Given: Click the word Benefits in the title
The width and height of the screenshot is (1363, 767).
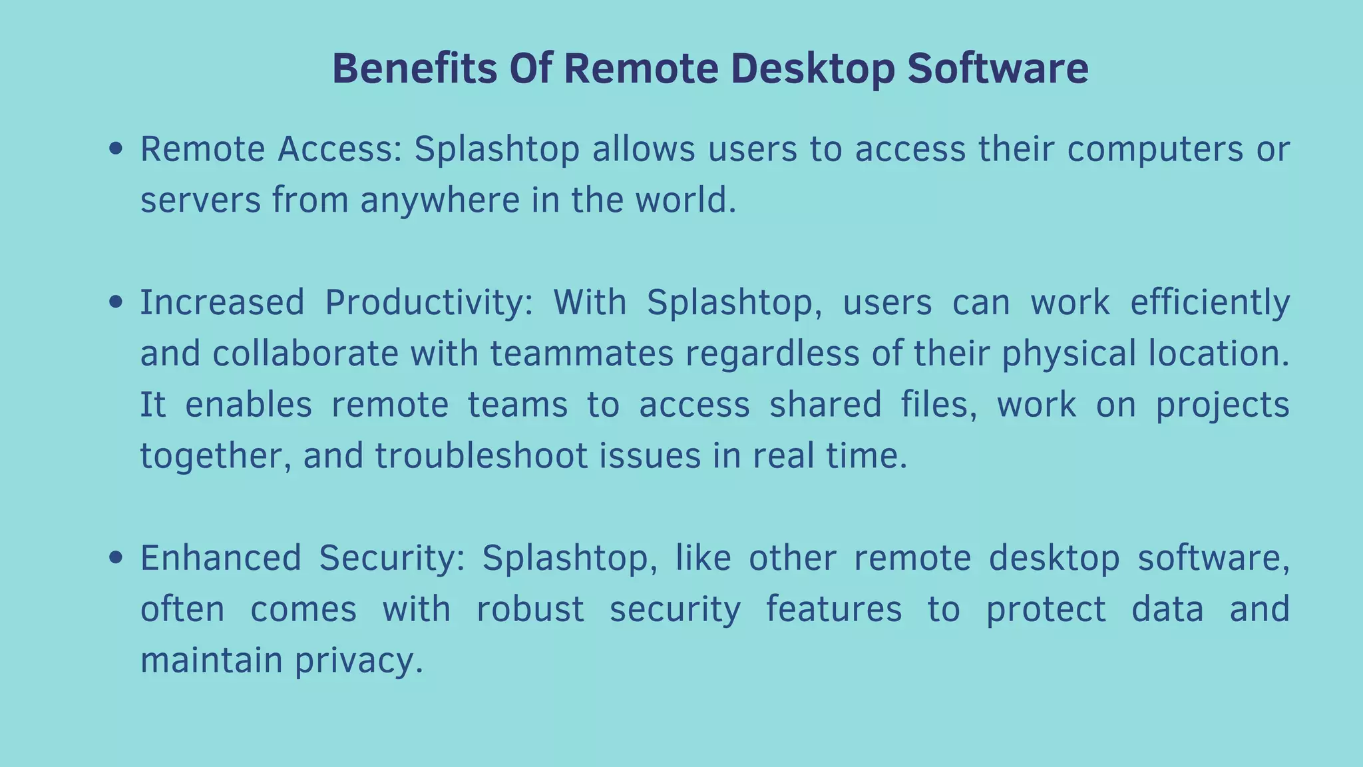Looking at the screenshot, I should pos(414,69).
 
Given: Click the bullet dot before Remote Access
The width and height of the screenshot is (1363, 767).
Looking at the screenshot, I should pos(116,148).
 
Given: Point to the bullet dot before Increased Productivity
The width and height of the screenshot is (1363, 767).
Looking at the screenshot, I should pos(116,302).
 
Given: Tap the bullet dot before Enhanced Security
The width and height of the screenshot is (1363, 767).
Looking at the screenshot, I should pos(116,558).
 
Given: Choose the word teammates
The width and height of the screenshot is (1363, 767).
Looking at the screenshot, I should pos(582,354).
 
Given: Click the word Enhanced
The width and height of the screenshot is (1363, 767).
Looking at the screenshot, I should pos(220,558).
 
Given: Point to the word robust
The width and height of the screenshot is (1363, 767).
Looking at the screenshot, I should pos(530,609).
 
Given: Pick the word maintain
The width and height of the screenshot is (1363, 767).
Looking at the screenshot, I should pos(212,660).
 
